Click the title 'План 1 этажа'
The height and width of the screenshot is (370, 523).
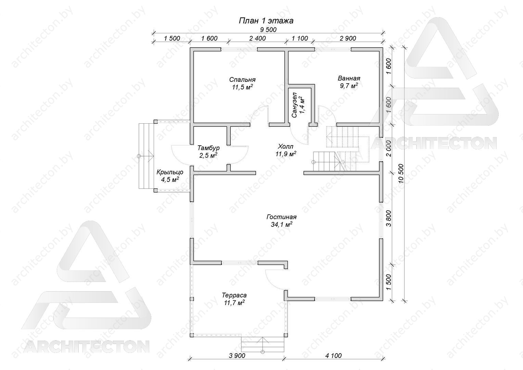pyautogui.click(x=266, y=21)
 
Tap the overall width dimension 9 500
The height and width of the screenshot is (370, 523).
pyautogui.click(x=268, y=30)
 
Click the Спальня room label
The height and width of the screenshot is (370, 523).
pyautogui.click(x=242, y=80)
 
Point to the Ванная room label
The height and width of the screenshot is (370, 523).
pyautogui.click(x=349, y=78)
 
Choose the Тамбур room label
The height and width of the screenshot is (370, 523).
pyautogui.click(x=208, y=148)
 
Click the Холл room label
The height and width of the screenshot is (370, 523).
pyautogui.click(x=285, y=147)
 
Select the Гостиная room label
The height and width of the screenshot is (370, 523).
pyautogui.click(x=281, y=217)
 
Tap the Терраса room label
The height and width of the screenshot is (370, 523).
pyautogui.click(x=234, y=295)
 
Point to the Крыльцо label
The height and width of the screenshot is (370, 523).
pyautogui.click(x=170, y=172)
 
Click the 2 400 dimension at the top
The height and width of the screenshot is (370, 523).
pyautogui.click(x=257, y=38)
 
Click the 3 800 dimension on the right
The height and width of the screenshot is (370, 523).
pyautogui.click(x=388, y=218)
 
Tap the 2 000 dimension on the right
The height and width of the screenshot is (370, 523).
pyautogui.click(x=388, y=148)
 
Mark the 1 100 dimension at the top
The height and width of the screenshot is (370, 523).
pyautogui.click(x=300, y=38)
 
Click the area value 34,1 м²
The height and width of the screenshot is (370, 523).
pyautogui.click(x=282, y=224)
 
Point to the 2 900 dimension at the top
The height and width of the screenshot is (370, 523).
pyautogui.click(x=348, y=38)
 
